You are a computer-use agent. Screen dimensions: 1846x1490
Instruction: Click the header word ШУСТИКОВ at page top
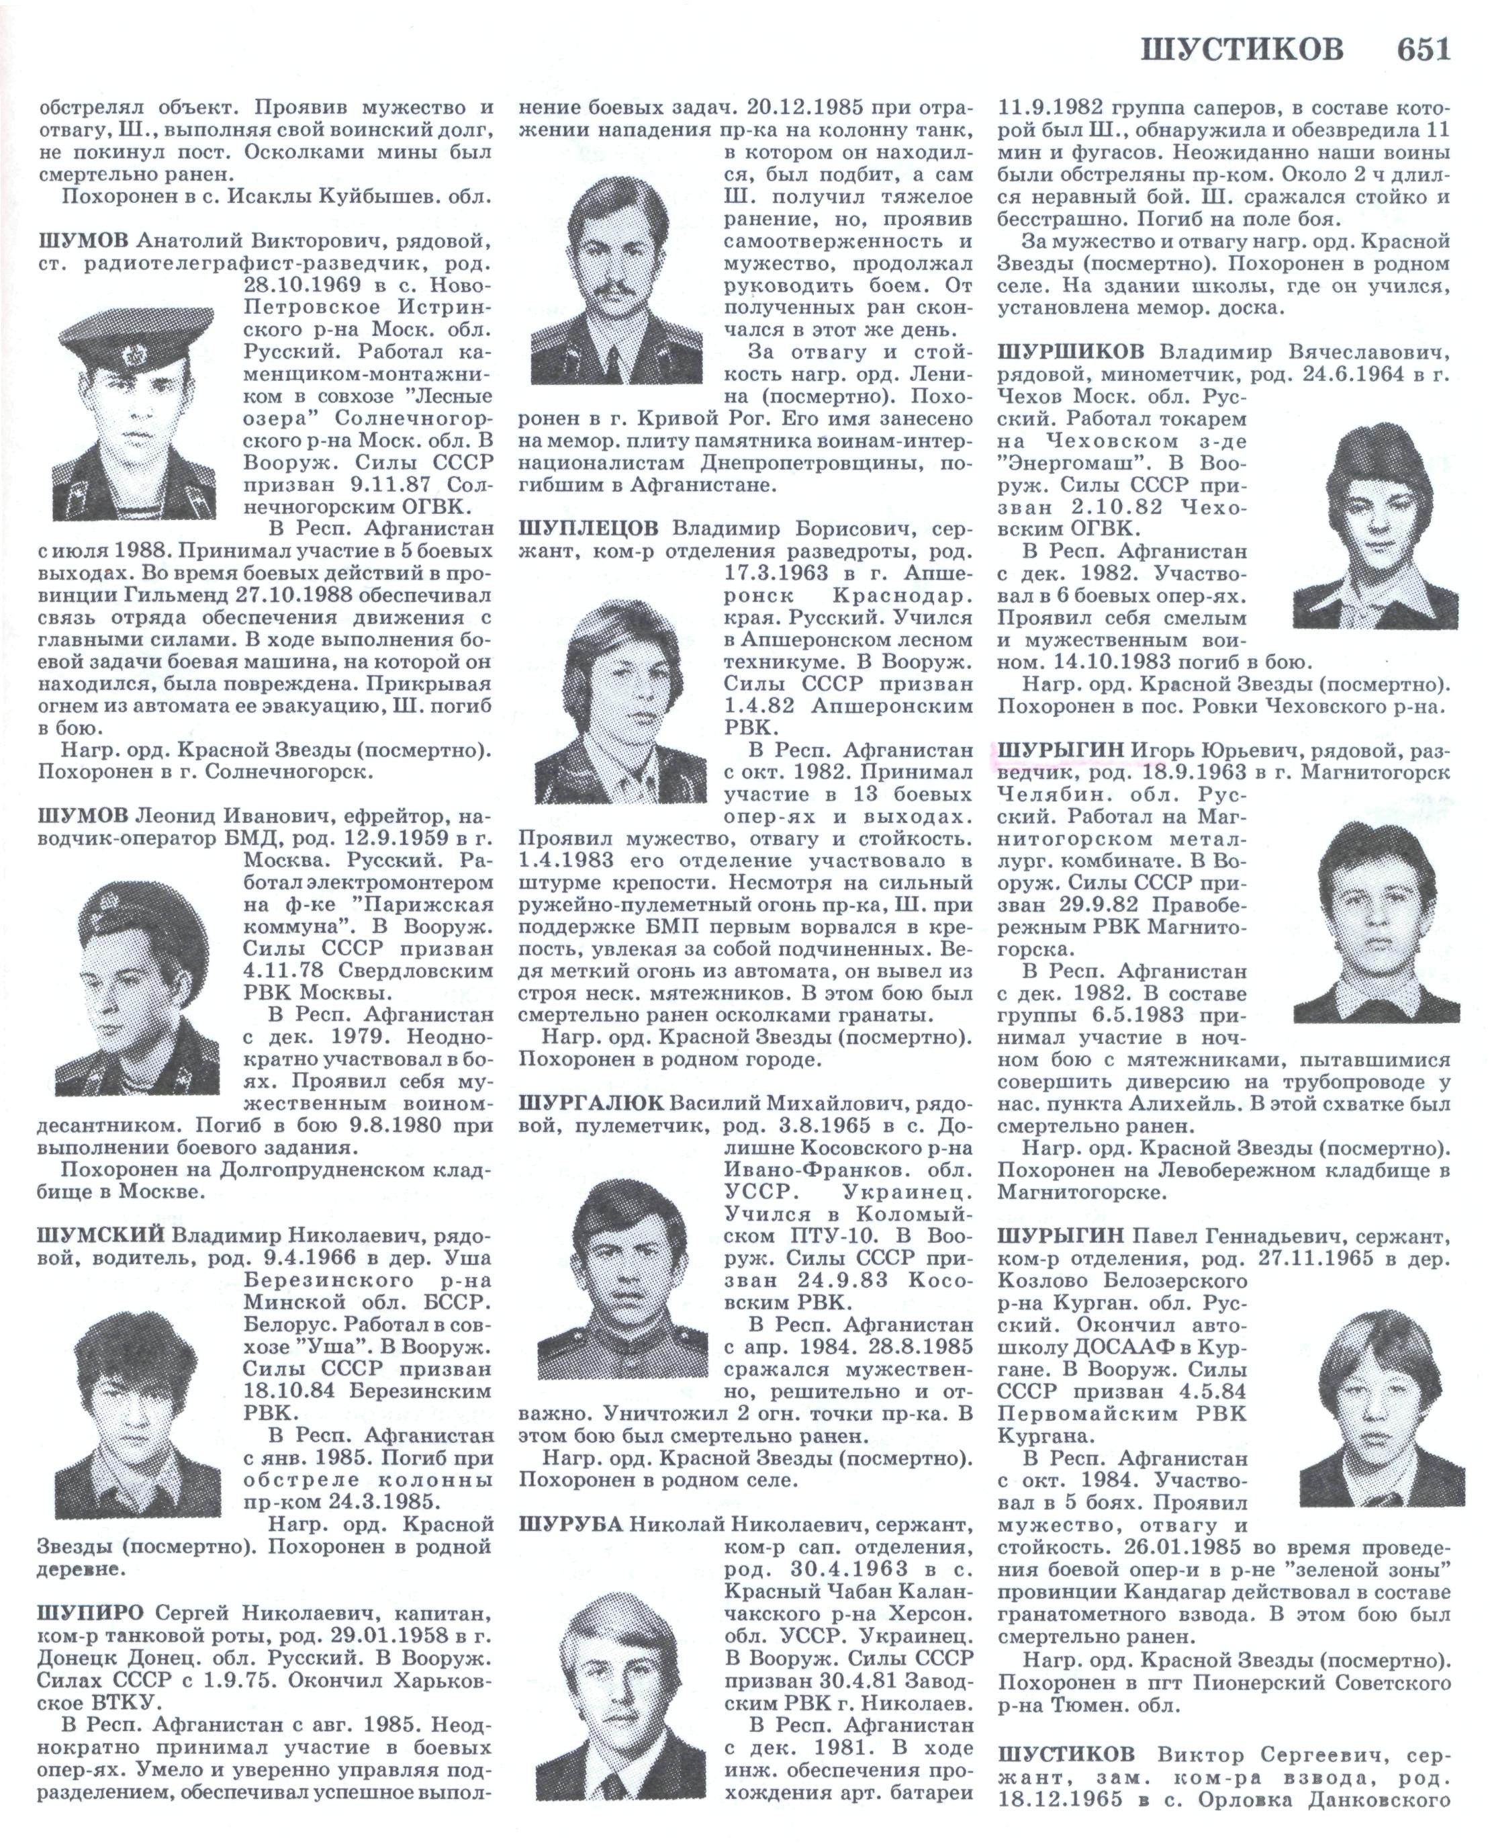pyautogui.click(x=1242, y=50)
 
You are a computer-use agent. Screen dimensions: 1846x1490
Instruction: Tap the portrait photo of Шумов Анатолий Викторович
pyautogui.click(x=133, y=414)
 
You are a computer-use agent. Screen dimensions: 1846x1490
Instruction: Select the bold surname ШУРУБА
pyautogui.click(x=571, y=1524)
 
